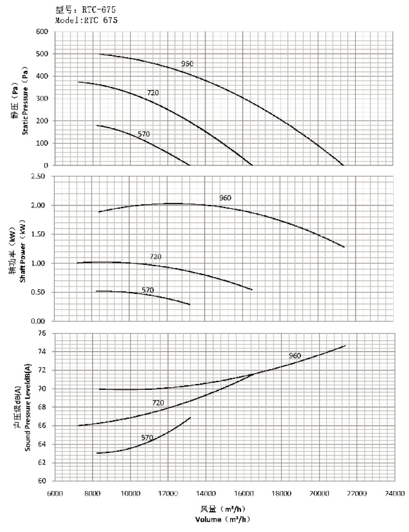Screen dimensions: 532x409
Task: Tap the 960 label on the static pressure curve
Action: [187, 64]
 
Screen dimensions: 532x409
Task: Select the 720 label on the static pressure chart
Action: [153, 93]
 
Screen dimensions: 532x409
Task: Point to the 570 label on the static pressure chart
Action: [144, 134]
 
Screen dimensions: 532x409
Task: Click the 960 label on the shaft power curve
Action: [225, 198]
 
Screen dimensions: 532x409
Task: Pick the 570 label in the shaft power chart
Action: [148, 290]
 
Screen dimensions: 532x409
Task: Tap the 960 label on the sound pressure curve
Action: [295, 356]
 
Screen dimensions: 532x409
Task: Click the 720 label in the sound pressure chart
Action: [158, 402]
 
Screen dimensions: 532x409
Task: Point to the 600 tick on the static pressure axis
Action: [42, 32]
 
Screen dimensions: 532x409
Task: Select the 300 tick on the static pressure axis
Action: [42, 98]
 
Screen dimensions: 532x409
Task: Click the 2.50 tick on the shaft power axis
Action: [40, 176]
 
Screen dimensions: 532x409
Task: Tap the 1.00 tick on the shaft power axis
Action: [40, 263]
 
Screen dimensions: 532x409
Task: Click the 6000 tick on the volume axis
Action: [55, 493]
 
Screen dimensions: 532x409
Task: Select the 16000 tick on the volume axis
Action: [244, 493]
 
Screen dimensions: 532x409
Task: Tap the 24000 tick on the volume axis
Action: [395, 493]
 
